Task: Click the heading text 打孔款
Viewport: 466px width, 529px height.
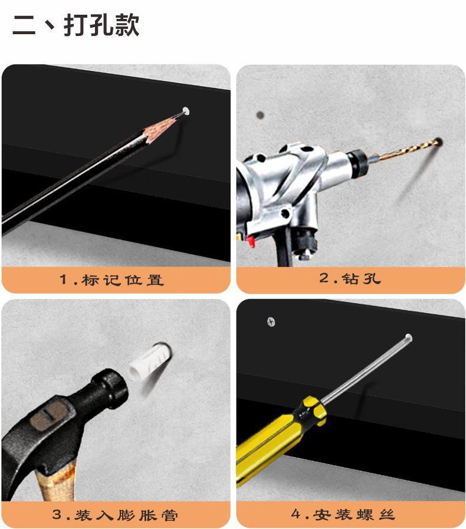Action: click(101, 25)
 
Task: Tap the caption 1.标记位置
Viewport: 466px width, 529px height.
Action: click(111, 280)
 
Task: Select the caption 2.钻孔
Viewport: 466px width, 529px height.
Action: click(350, 278)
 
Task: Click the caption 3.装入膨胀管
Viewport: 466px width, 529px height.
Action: click(115, 515)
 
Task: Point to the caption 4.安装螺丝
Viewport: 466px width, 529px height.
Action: click(343, 514)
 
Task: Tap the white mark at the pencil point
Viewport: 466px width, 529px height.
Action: click(186, 110)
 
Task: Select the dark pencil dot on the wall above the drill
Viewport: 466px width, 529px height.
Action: click(260, 115)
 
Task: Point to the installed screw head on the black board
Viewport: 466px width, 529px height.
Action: click(271, 322)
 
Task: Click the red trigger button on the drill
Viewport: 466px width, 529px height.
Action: click(250, 241)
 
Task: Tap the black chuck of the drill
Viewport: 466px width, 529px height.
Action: click(357, 158)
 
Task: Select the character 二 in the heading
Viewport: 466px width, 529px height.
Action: click(24, 25)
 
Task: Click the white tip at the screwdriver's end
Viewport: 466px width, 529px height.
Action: click(408, 337)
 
